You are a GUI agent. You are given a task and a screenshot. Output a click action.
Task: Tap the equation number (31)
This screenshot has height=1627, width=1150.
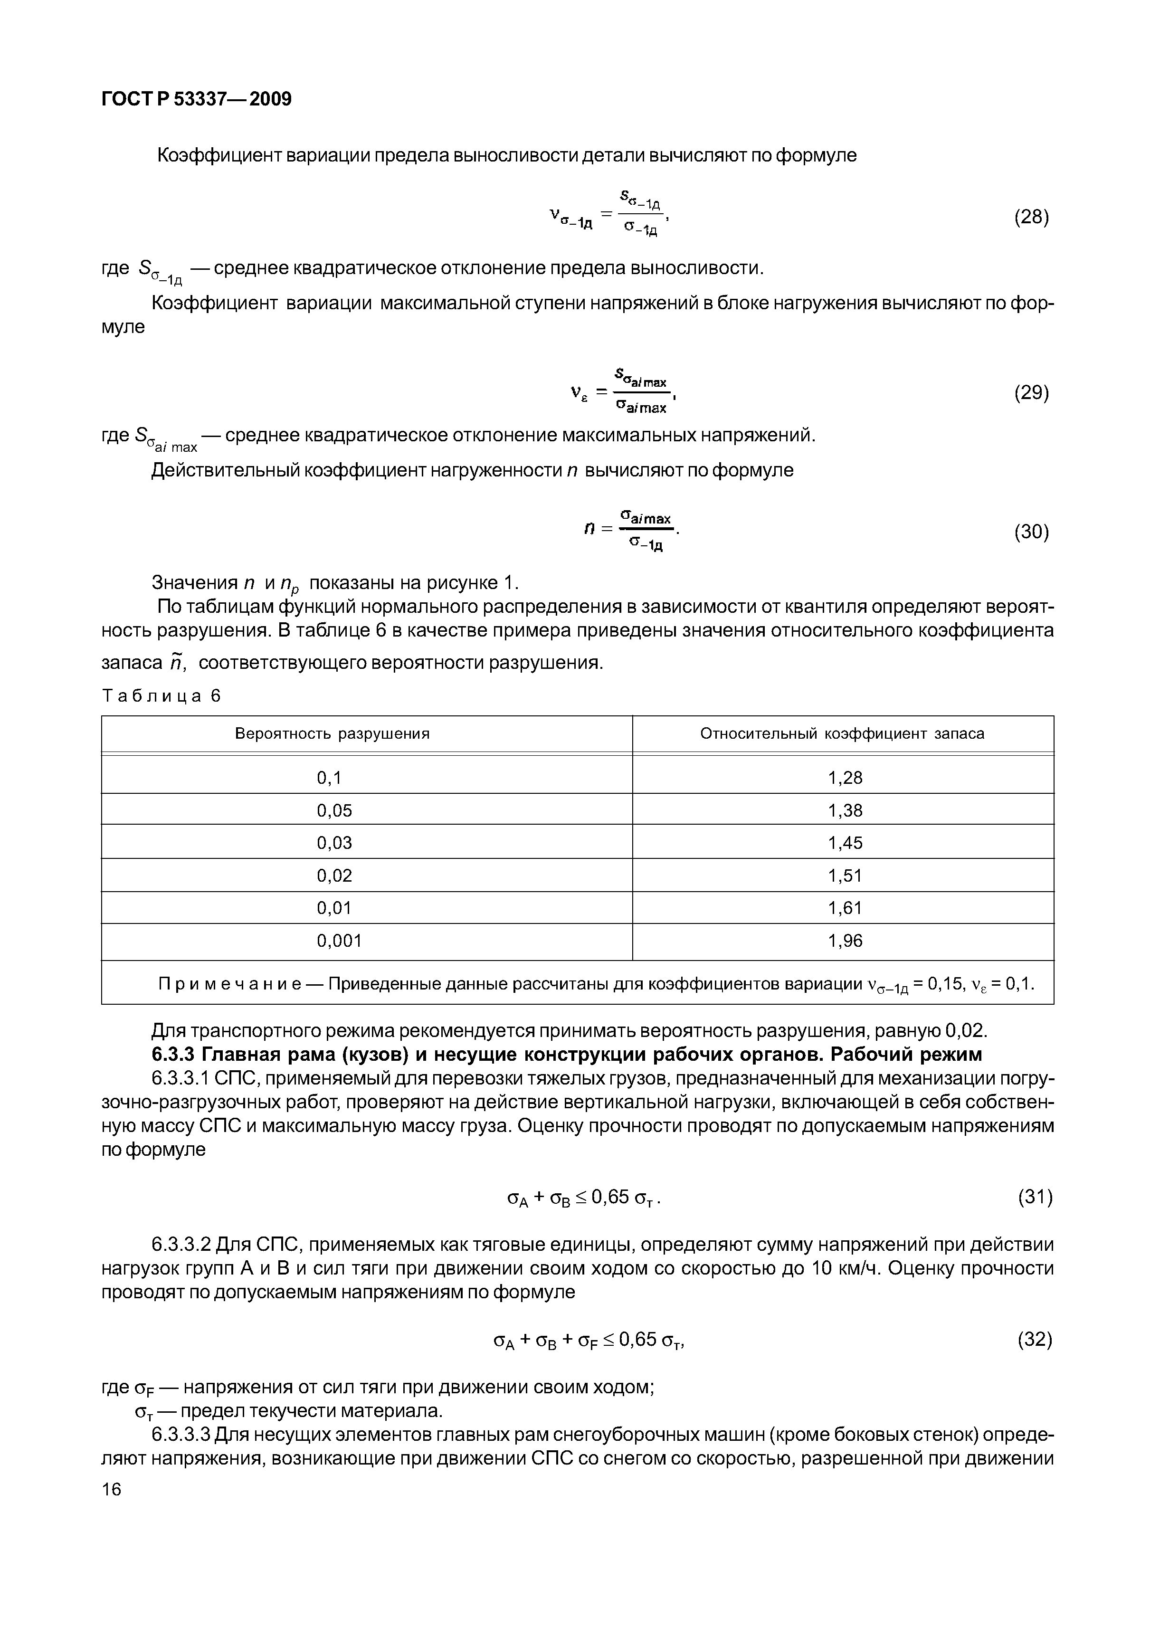tap(1035, 1198)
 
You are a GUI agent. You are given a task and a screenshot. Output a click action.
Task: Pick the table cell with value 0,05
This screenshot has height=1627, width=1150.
tap(334, 810)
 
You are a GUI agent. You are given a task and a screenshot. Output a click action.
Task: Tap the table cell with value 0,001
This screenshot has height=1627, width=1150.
tap(339, 941)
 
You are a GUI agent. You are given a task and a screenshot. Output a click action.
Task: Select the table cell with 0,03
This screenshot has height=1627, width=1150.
tap(334, 843)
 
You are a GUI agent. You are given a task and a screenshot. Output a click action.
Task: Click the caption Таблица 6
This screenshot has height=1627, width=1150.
tap(162, 696)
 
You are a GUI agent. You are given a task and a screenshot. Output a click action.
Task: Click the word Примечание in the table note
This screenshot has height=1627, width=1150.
tap(229, 984)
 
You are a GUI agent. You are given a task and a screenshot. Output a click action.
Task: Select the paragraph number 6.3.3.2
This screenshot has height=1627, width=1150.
tap(181, 1245)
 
